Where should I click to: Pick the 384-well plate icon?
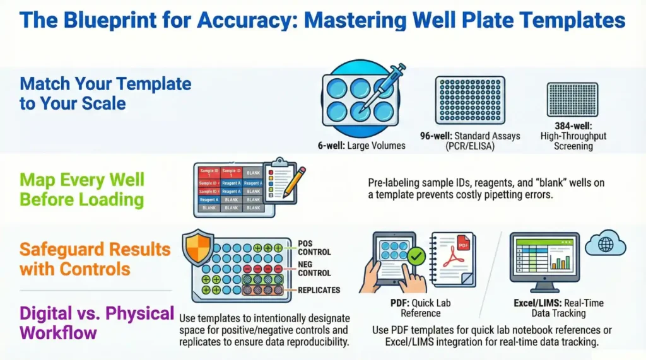click(572, 100)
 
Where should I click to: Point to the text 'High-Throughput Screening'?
click(573, 141)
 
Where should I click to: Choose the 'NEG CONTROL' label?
click(314, 269)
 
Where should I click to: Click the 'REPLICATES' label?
click(319, 290)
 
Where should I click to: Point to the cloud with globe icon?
click(604, 243)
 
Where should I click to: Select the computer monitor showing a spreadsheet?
click(543, 259)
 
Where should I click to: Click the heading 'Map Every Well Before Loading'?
click(82, 190)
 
